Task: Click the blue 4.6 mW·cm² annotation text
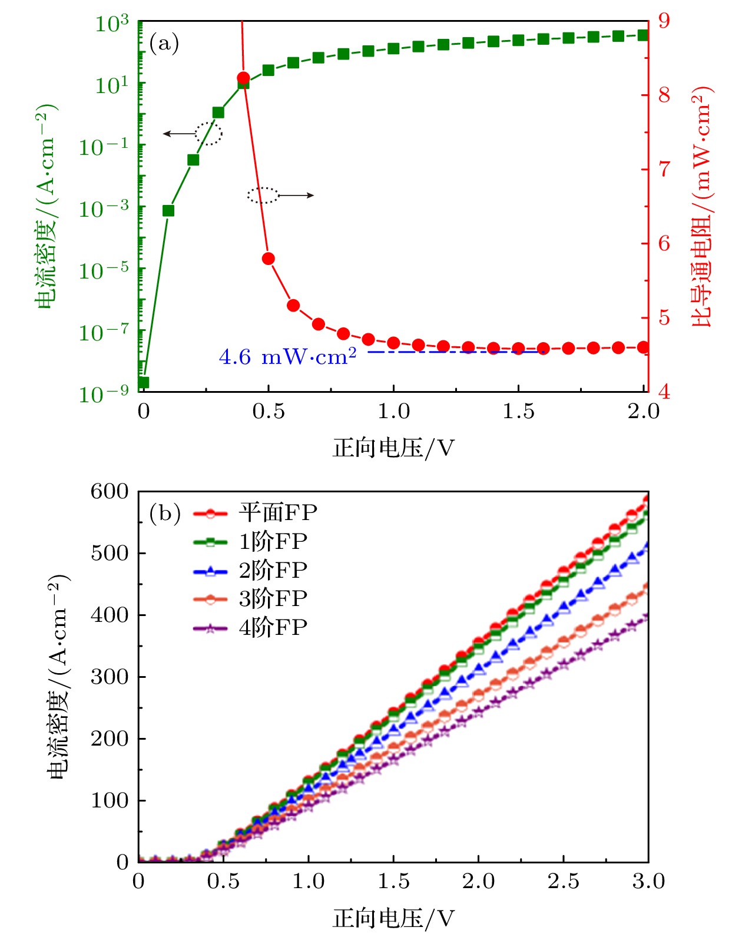click(x=287, y=357)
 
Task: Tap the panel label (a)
click(x=164, y=43)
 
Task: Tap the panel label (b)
click(x=164, y=513)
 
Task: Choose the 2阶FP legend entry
click(x=251, y=570)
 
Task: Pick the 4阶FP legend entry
click(x=251, y=628)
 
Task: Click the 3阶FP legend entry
click(x=251, y=599)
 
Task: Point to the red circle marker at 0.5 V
click(x=269, y=259)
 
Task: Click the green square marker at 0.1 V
click(x=168, y=211)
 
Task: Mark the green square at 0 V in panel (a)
click(x=144, y=383)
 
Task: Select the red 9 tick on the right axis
click(x=664, y=21)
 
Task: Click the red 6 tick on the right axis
click(x=664, y=243)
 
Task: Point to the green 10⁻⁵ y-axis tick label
click(x=104, y=271)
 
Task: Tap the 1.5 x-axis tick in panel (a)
click(x=518, y=411)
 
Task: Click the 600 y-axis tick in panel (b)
click(x=110, y=491)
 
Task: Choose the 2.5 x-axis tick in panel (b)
click(x=563, y=881)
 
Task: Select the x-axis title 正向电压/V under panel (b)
click(x=393, y=918)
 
